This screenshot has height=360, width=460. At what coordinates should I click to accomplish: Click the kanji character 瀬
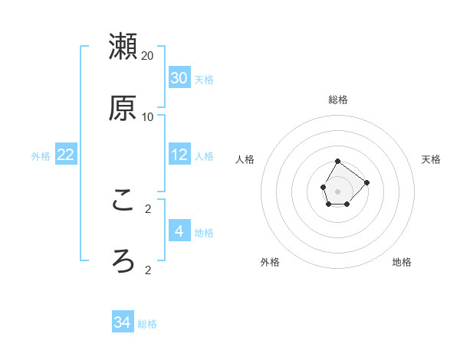[x=123, y=47]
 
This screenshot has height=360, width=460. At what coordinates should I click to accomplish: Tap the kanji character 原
[x=123, y=108]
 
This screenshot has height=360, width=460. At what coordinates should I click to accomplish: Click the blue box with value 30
[x=179, y=78]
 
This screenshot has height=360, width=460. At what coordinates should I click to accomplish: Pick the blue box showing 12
[x=179, y=155]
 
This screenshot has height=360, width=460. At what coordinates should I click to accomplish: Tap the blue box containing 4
[x=179, y=231]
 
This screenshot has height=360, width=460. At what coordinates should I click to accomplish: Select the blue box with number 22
[x=66, y=155]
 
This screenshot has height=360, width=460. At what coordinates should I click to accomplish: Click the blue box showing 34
[x=123, y=322]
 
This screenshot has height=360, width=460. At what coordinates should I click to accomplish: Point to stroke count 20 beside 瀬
[x=148, y=56]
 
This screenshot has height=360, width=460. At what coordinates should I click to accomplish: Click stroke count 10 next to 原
[x=148, y=116]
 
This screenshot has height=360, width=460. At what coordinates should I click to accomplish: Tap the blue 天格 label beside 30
[x=204, y=80]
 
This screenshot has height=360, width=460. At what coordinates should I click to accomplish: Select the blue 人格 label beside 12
[x=204, y=156]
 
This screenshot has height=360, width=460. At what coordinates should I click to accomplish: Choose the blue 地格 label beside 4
[x=204, y=233]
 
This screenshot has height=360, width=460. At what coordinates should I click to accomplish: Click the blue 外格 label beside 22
[x=41, y=156]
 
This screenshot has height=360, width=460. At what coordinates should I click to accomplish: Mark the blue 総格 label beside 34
[x=147, y=324]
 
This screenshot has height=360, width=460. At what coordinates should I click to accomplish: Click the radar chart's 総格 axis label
[x=337, y=100]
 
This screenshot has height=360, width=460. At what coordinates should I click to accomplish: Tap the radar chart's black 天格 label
[x=431, y=159]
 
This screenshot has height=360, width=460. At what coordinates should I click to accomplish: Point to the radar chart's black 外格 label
[x=270, y=262]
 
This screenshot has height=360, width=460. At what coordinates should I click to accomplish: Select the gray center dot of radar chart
[x=337, y=190]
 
